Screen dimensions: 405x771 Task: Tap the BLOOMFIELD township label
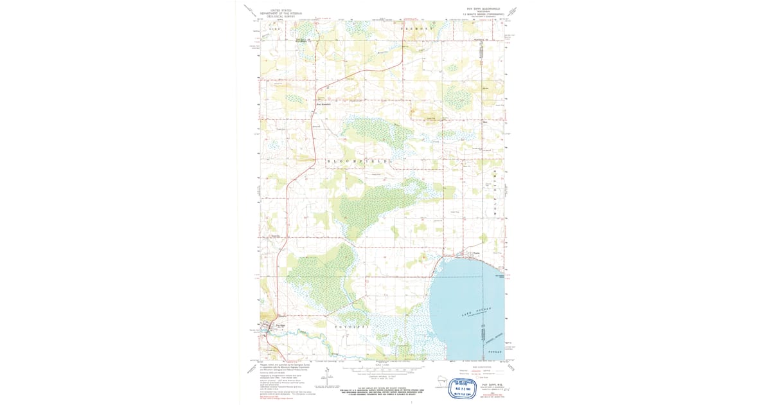(x=358, y=160)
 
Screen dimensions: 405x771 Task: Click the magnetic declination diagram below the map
(x=330, y=382)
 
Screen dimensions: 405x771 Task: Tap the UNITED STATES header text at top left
(x=281, y=10)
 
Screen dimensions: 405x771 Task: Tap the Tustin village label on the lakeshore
(x=476, y=253)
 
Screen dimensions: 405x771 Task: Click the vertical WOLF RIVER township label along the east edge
(x=495, y=186)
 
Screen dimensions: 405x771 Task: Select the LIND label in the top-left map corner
(x=275, y=30)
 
